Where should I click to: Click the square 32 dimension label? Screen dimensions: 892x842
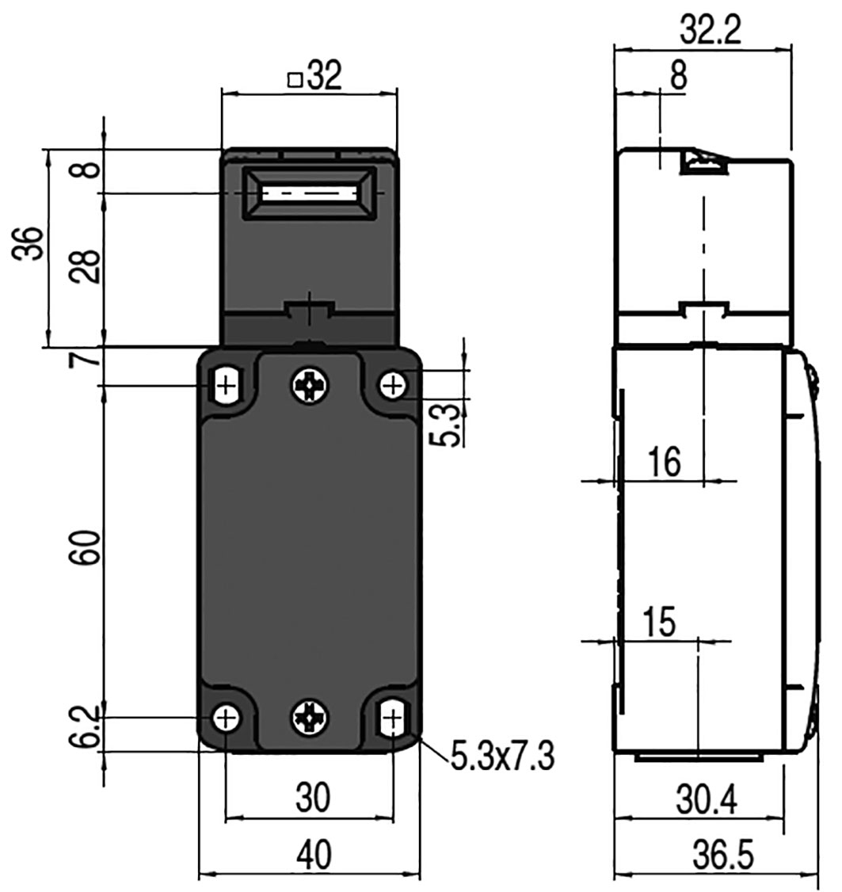pyautogui.click(x=315, y=77)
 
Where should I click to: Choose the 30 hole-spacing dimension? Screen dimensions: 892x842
pyautogui.click(x=312, y=799)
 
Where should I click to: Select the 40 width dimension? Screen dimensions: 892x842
pyautogui.click(x=313, y=856)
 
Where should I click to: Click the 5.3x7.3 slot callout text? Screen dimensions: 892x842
pyautogui.click(x=502, y=757)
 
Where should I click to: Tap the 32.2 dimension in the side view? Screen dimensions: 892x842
pyautogui.click(x=710, y=31)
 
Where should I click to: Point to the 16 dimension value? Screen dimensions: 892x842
pyautogui.click(x=664, y=462)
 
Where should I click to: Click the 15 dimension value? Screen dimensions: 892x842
pyautogui.click(x=659, y=623)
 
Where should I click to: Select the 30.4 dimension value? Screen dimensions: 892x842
pyautogui.click(x=707, y=801)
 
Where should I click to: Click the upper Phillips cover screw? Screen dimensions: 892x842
pyautogui.click(x=310, y=386)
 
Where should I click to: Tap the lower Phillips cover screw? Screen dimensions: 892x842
pyautogui.click(x=309, y=718)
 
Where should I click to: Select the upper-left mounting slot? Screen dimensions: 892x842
pyautogui.click(x=227, y=386)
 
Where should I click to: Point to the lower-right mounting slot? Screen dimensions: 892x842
pyautogui.click(x=392, y=719)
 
